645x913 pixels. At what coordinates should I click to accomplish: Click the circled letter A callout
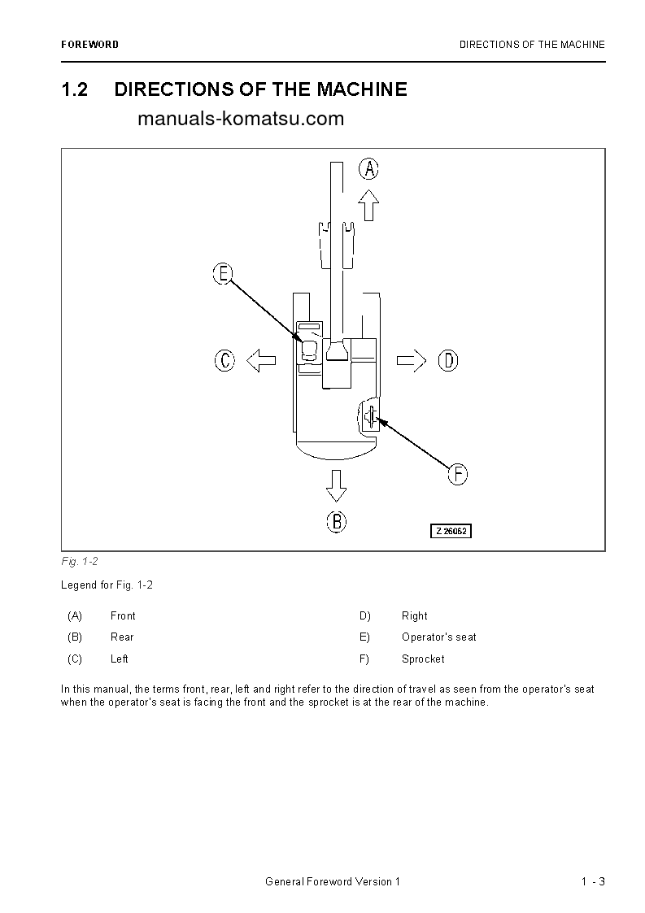tap(369, 169)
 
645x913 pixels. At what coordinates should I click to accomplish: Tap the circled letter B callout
tap(336, 521)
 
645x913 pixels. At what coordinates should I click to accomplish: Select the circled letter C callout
tap(225, 360)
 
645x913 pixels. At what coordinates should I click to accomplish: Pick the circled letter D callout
tap(448, 360)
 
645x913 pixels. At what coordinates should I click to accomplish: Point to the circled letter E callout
tap(223, 274)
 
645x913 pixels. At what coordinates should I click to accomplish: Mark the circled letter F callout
tap(458, 474)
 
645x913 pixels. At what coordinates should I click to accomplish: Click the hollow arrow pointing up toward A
tap(369, 205)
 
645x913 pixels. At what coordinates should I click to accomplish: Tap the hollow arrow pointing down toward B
tap(336, 485)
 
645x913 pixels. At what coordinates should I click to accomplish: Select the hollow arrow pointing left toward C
tap(261, 360)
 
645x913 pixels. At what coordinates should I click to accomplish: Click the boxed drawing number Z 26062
tap(451, 531)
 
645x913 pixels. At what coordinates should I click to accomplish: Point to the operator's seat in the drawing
tap(309, 350)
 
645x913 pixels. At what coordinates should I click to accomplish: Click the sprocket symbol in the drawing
tap(370, 417)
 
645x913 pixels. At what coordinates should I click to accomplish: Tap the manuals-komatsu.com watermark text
tap(241, 119)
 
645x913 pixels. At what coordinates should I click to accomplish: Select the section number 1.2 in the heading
tap(75, 89)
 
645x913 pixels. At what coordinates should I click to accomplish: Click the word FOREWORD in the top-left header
tap(89, 45)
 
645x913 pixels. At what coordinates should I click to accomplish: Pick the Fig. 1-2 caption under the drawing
tap(80, 562)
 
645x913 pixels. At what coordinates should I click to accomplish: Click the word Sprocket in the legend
tap(423, 659)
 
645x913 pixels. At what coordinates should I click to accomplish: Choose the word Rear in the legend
tap(122, 637)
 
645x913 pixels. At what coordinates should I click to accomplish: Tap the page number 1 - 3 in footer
tap(593, 882)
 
